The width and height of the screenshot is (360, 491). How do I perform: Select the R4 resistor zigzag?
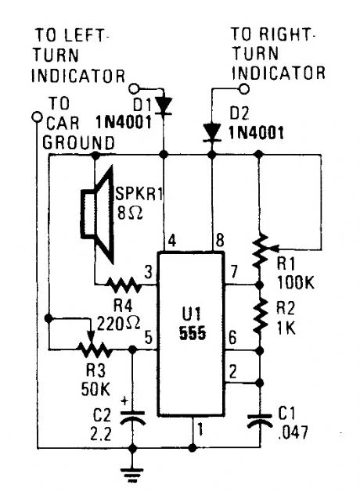click(x=125, y=284)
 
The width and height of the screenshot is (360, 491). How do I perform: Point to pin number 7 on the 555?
click(x=232, y=272)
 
